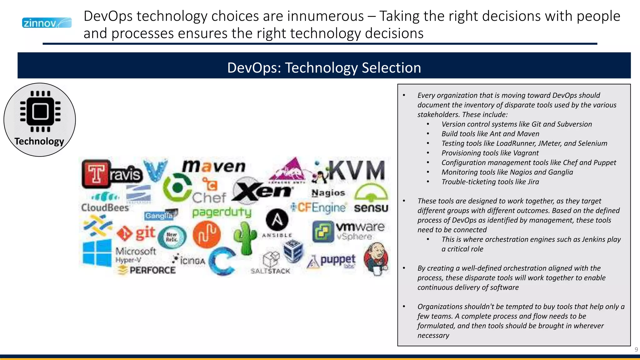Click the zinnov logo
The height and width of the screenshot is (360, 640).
click(47, 23)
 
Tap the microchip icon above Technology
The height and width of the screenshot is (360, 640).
click(40, 112)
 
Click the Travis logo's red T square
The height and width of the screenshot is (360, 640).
click(96, 173)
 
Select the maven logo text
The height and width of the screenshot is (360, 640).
click(214, 166)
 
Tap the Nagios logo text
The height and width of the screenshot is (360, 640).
click(328, 193)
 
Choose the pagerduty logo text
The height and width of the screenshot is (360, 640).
click(222, 212)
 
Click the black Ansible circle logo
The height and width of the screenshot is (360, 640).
click(277, 220)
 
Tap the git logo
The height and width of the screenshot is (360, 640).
click(136, 233)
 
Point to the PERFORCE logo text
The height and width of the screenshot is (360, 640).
click(152, 270)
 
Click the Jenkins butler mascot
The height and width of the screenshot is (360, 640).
click(377, 258)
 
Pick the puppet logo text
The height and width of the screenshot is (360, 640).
click(337, 259)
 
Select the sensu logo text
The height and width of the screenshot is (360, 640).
click(371, 208)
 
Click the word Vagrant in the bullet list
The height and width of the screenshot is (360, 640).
click(526, 153)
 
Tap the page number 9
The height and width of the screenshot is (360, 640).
click(636, 350)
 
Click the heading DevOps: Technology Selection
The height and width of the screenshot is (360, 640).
click(324, 67)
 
